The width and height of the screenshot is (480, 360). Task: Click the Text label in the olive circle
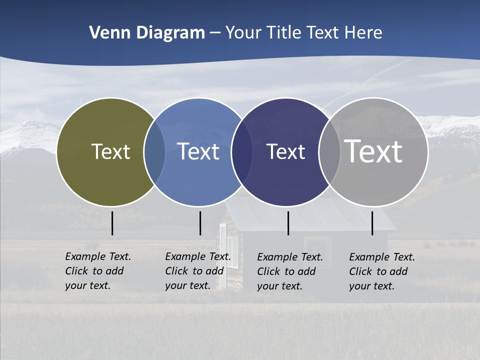(x=110, y=151)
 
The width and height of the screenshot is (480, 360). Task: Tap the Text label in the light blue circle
(x=198, y=151)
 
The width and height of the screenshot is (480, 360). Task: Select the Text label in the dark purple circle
(x=285, y=151)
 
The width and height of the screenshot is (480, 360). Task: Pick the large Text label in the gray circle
(x=373, y=151)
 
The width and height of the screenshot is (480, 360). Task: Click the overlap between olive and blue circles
(x=154, y=152)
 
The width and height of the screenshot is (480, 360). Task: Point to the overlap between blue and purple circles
(x=242, y=152)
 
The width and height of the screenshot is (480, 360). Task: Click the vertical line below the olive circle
(x=112, y=223)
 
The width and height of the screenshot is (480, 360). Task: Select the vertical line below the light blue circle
(x=200, y=223)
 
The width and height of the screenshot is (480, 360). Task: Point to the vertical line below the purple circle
(x=288, y=223)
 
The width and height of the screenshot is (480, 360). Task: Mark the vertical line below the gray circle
(x=372, y=223)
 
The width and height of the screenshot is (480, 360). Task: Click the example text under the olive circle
(x=97, y=271)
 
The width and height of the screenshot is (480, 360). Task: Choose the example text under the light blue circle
(x=197, y=271)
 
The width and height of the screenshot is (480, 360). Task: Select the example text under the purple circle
(x=289, y=271)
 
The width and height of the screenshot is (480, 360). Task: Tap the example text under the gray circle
(x=381, y=271)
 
